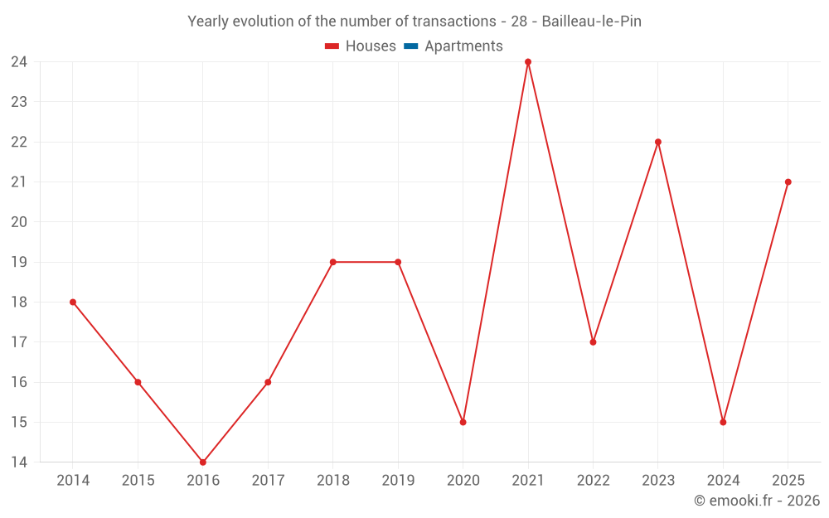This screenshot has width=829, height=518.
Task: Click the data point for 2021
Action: click(x=527, y=62)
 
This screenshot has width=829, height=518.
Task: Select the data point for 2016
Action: click(x=203, y=462)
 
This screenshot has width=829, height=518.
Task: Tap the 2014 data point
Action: click(x=73, y=303)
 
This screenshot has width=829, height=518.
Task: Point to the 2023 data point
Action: click(x=657, y=143)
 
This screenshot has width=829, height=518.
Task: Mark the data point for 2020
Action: click(x=463, y=423)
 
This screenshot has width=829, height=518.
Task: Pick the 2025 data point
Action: click(x=788, y=182)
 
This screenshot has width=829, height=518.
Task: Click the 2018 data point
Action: click(x=333, y=262)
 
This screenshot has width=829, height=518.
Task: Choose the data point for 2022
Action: click(x=593, y=342)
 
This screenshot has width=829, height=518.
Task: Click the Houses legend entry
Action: click(x=360, y=46)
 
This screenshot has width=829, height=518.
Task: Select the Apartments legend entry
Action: click(x=453, y=46)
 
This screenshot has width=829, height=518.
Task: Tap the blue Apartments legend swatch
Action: click(x=411, y=46)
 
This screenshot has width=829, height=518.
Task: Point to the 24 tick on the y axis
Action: click(x=19, y=62)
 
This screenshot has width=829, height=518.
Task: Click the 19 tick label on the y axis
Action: click(x=19, y=262)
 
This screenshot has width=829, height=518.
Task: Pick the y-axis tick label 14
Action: click(x=19, y=462)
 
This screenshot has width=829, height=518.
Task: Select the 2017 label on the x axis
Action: click(x=268, y=480)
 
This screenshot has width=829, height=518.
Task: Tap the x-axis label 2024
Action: click(x=723, y=480)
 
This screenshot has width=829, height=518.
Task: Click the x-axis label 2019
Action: click(x=398, y=480)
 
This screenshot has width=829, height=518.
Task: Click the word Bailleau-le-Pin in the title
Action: click(x=592, y=22)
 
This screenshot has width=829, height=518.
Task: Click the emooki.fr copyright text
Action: click(x=757, y=500)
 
